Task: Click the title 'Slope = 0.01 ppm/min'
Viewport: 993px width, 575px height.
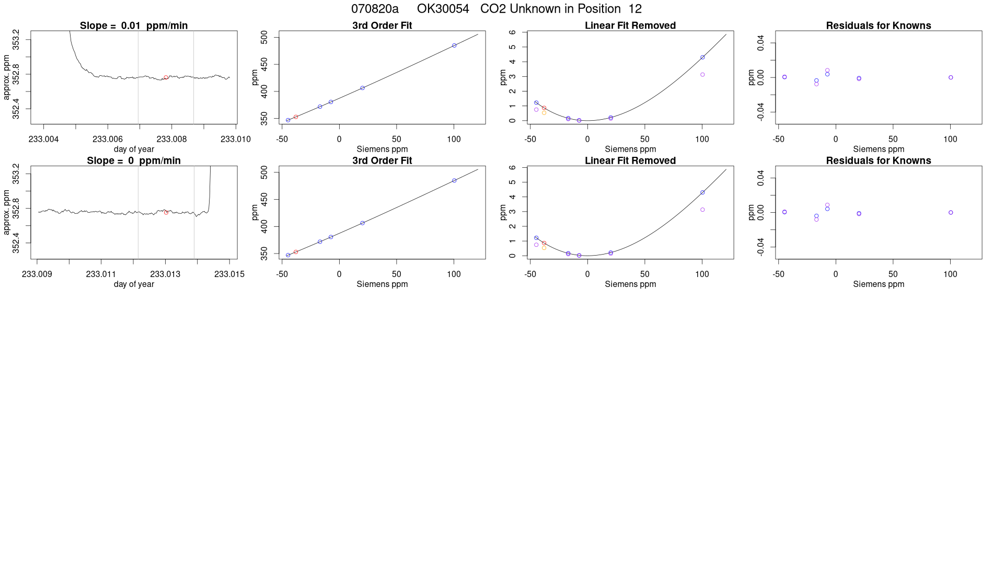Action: point(134,26)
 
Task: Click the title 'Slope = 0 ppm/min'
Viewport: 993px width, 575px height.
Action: point(134,160)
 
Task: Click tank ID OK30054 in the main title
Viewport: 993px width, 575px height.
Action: point(443,9)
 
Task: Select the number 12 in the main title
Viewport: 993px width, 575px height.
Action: point(635,9)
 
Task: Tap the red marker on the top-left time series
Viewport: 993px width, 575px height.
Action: point(166,77)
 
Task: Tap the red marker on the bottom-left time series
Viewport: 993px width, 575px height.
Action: point(166,212)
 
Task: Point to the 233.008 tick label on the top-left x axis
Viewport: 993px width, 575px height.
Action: point(171,139)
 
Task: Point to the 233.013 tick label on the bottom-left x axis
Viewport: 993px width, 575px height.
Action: point(165,274)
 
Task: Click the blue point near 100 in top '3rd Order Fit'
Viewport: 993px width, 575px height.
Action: point(454,45)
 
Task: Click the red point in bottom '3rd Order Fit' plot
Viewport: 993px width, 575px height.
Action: point(296,252)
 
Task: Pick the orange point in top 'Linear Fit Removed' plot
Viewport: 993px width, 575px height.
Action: point(544,113)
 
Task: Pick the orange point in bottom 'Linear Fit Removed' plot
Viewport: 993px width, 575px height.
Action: point(544,248)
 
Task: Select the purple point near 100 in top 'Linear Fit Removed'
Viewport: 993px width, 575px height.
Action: point(702,75)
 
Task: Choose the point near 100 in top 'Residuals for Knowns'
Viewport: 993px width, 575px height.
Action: point(951,77)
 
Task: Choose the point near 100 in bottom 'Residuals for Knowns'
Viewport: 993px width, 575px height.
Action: point(951,213)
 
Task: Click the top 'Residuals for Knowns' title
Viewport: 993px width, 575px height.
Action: point(878,26)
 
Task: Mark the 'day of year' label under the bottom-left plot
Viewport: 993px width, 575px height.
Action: point(134,284)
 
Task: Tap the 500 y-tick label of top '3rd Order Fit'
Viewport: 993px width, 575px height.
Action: point(264,37)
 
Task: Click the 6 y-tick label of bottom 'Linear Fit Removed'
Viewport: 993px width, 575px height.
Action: point(513,167)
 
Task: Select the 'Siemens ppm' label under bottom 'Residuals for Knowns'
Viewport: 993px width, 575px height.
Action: point(878,284)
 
